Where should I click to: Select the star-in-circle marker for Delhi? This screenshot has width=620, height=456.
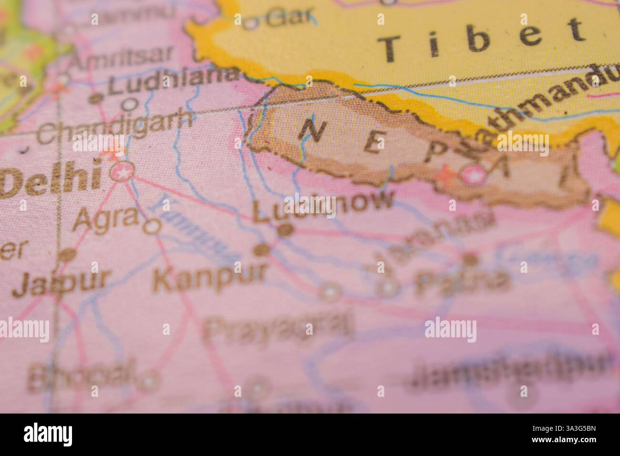point(122,172)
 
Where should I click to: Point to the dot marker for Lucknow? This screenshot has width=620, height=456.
point(285,230)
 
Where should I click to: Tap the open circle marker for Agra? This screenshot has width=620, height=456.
point(152,226)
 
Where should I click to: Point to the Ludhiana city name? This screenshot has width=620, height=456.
point(172,82)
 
